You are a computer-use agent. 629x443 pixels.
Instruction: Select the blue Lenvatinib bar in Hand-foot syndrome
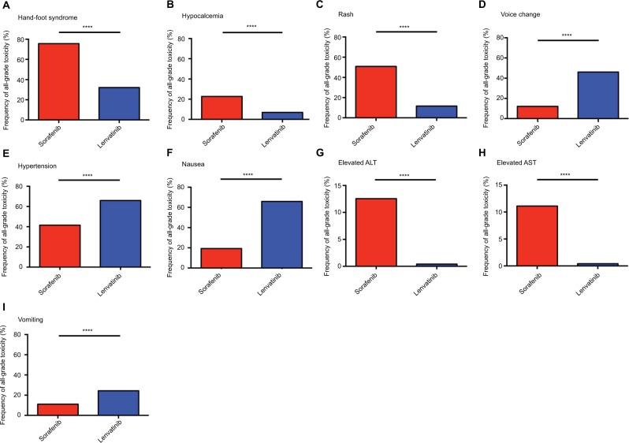(119, 102)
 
